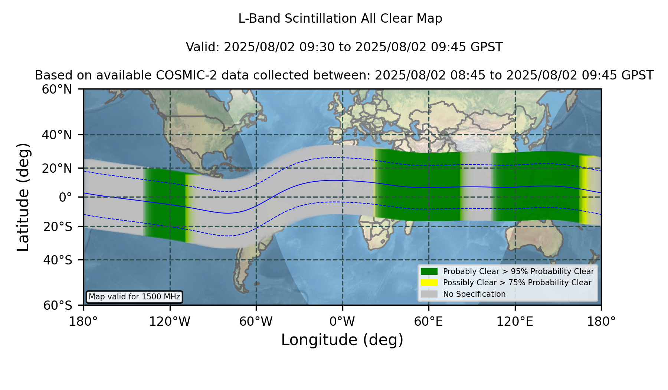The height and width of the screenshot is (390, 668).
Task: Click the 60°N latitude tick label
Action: point(57,89)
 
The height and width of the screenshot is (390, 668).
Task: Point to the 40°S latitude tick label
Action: point(58,260)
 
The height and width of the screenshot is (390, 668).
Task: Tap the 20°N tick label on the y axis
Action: point(57,168)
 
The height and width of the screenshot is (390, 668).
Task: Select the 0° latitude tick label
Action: point(65,197)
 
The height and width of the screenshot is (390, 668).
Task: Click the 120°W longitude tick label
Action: point(170,322)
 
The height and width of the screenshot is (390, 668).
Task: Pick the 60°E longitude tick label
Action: point(428,322)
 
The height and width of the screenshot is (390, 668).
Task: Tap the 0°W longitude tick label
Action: point(342,322)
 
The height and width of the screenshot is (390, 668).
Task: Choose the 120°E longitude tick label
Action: point(515,322)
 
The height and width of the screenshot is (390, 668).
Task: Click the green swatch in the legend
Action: point(429,271)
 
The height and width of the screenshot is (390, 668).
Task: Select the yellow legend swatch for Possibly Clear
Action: point(429,283)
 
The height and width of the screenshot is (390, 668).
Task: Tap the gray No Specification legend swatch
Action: point(429,294)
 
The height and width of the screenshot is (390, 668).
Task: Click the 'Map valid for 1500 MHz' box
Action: point(134,297)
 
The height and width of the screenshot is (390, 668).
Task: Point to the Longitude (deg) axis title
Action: point(342,340)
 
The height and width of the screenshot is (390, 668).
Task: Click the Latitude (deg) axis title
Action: point(23,197)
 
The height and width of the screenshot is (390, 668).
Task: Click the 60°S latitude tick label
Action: point(58,305)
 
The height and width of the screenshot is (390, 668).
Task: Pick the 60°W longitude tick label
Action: point(256,322)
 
